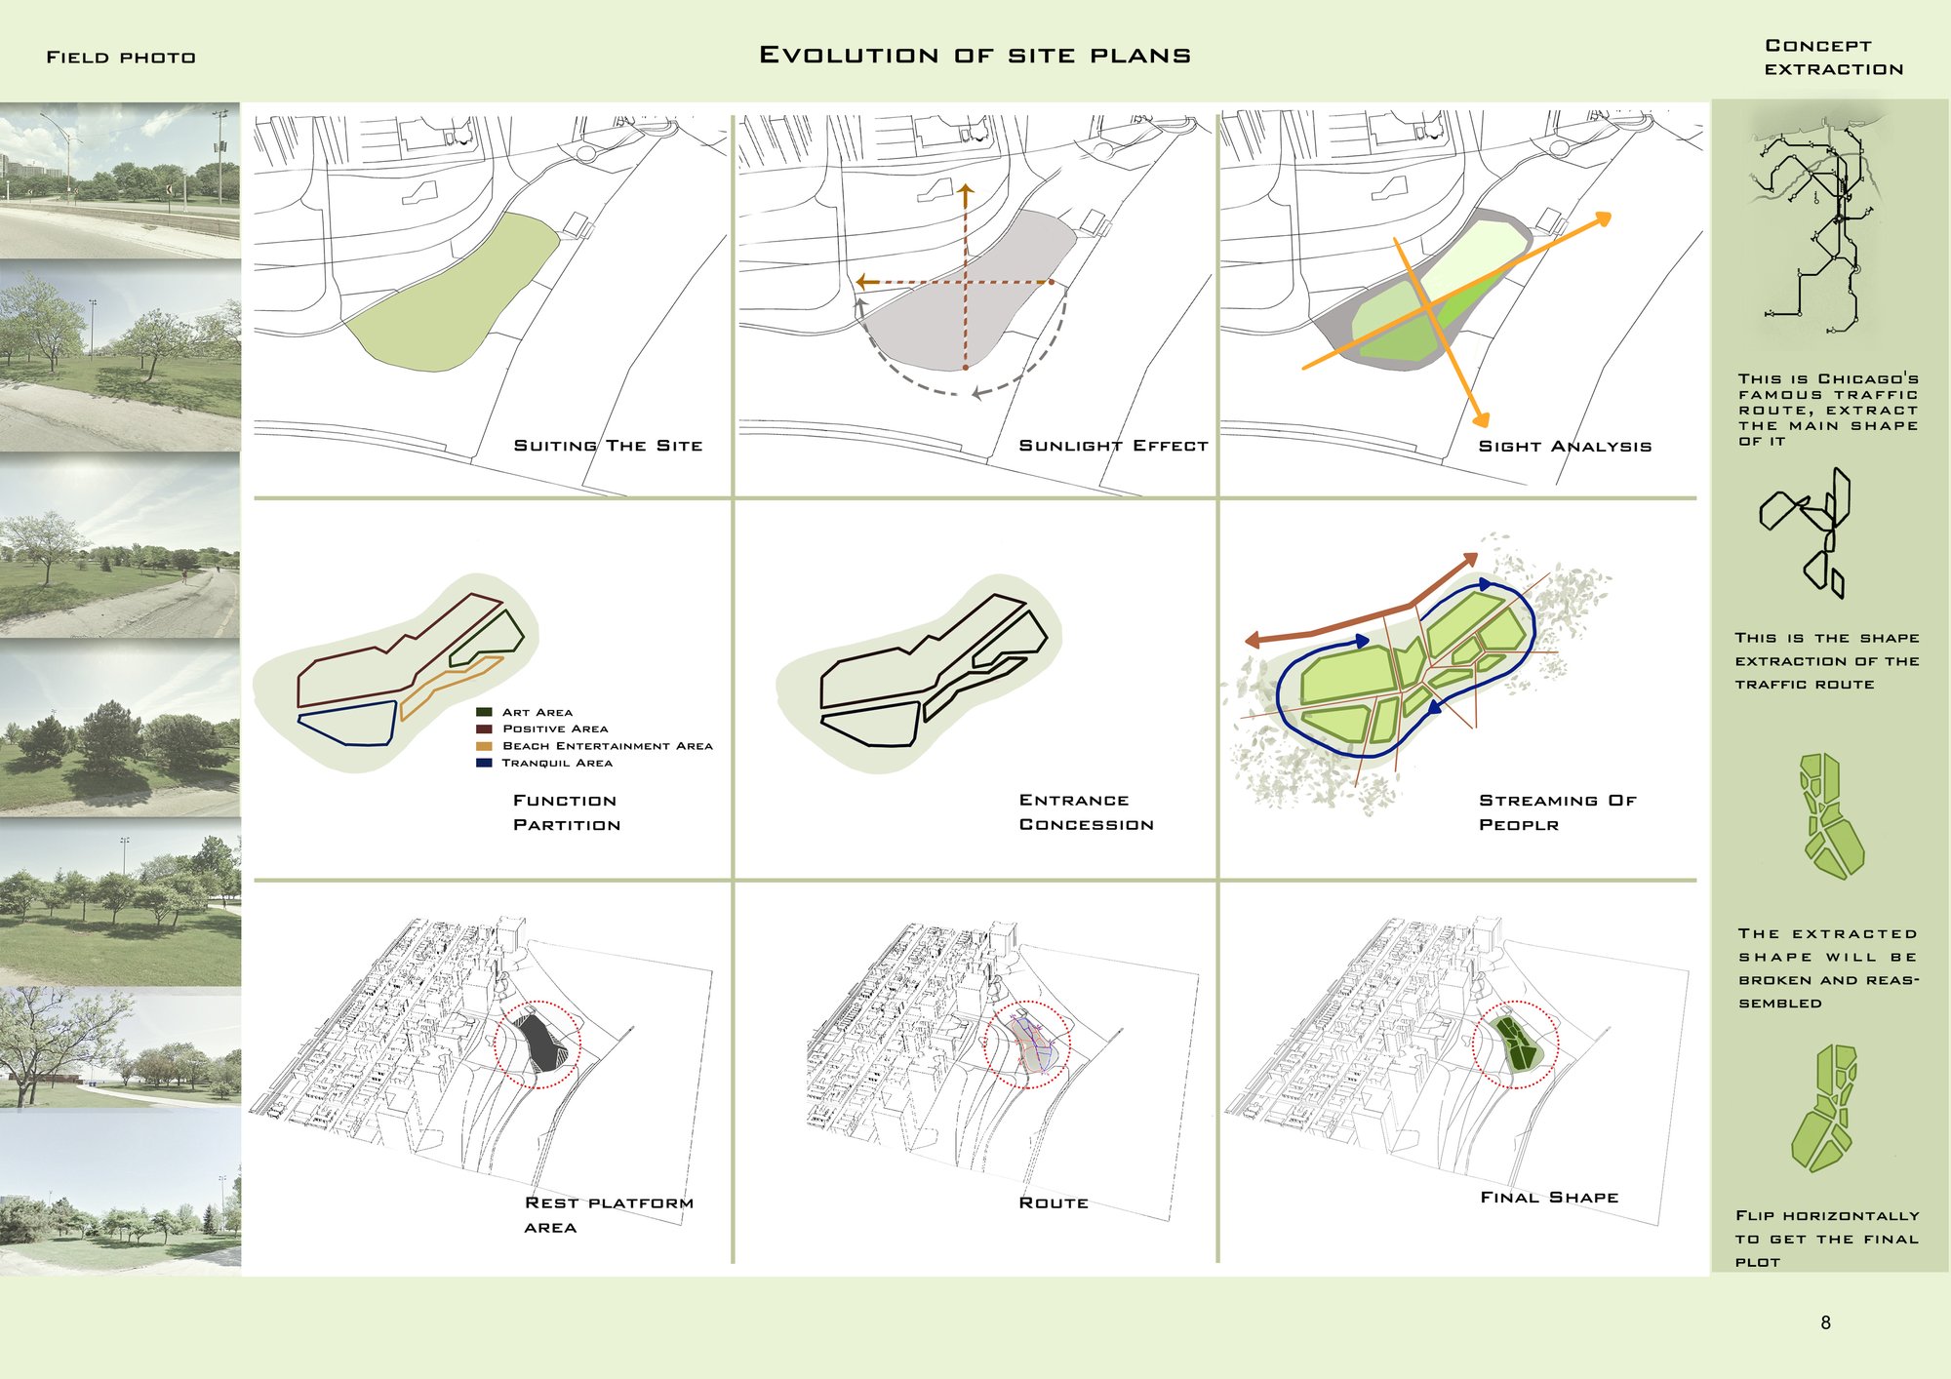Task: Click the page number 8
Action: (x=1825, y=1322)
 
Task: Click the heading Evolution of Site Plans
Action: (x=975, y=56)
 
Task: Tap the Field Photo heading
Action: (x=121, y=58)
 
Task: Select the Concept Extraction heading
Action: (x=1834, y=58)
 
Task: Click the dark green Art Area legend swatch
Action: (x=484, y=712)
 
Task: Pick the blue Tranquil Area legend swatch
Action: (x=484, y=763)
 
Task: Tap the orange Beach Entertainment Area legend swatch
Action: (x=484, y=746)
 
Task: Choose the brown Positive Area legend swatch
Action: (x=484, y=729)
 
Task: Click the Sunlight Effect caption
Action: (x=1113, y=446)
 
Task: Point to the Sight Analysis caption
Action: (x=1565, y=447)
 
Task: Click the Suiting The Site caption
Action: (x=608, y=446)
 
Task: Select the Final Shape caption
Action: (x=1549, y=1198)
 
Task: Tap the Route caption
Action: (x=1054, y=1203)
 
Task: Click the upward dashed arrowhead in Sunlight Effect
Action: (x=966, y=192)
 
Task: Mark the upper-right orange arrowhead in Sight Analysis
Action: (x=1602, y=220)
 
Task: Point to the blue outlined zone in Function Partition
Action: (x=347, y=723)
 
